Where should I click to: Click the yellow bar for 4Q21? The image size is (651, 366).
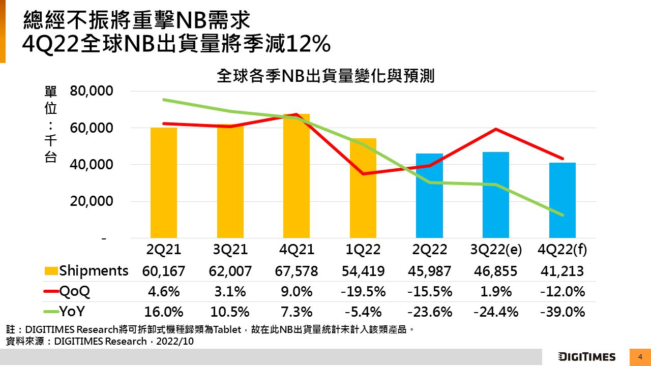click(x=297, y=176)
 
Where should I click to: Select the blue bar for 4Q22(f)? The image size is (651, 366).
click(x=562, y=200)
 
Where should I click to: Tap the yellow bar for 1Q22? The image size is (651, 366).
click(x=363, y=188)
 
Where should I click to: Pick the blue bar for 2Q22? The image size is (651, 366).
click(x=429, y=196)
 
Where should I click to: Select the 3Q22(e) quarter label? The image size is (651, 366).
click(x=495, y=250)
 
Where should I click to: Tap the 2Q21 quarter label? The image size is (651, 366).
click(x=164, y=250)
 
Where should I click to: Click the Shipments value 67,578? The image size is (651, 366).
click(x=297, y=271)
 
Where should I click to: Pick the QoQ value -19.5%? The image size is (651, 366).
click(x=363, y=292)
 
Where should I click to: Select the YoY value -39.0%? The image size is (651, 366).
click(x=562, y=312)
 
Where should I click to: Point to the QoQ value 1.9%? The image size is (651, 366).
click(x=495, y=292)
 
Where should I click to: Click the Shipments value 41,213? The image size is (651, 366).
click(x=562, y=271)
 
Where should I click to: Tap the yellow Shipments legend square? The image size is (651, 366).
click(x=51, y=271)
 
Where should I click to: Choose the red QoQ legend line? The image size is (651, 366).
click(x=51, y=292)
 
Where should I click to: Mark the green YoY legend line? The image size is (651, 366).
click(x=51, y=312)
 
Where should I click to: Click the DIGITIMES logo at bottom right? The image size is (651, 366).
click(x=586, y=357)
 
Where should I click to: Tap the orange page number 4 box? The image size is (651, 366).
click(x=640, y=357)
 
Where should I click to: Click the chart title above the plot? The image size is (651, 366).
click(x=325, y=76)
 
